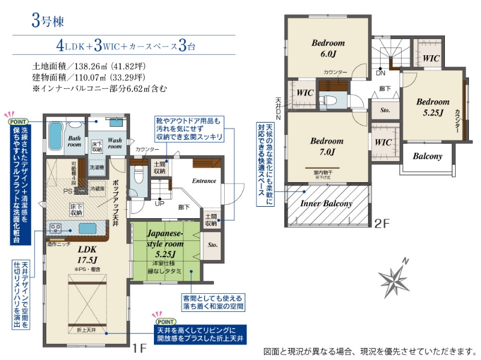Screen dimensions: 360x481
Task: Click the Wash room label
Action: point(114,143)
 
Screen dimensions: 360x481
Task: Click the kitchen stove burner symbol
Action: point(56,228)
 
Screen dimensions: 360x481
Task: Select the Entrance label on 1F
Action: point(204,180)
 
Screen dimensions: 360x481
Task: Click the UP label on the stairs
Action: point(159,203)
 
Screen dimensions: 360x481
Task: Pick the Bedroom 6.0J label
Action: point(328,48)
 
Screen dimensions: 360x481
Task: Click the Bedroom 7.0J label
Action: point(327,147)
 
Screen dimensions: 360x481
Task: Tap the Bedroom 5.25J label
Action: point(432,107)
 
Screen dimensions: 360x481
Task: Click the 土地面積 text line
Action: point(88,66)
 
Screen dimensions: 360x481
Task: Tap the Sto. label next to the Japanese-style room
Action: point(212,245)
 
